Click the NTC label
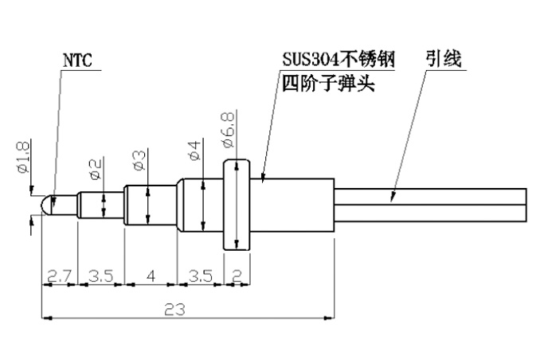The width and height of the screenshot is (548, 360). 77,60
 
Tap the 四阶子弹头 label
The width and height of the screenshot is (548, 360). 327,82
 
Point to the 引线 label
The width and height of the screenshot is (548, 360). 444,60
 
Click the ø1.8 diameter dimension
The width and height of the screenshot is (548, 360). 22,157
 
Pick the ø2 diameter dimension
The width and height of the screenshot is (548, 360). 95,168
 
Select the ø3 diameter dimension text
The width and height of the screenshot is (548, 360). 137,159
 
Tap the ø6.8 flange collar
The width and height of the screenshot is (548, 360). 235,205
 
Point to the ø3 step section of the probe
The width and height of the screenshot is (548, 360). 150,205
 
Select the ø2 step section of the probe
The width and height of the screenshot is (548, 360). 100,205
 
